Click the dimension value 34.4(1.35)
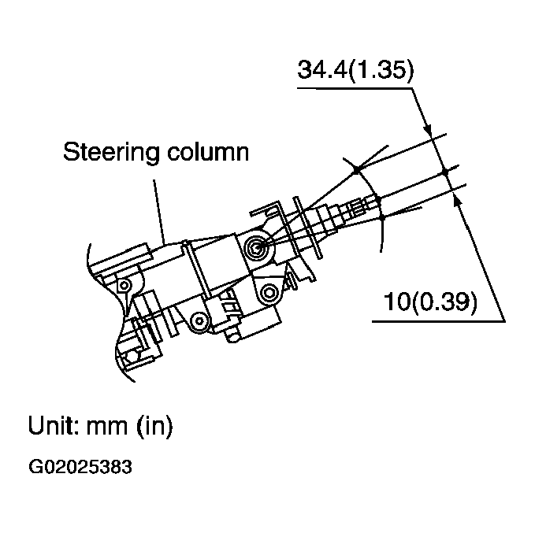[355, 70]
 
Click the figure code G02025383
[80, 466]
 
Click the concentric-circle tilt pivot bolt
[254, 249]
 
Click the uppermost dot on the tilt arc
[356, 169]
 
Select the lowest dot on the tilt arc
[381, 217]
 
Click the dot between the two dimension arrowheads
[444, 172]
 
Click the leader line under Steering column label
[158, 209]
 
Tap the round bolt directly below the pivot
[269, 294]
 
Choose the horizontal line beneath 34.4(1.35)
[355, 88]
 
